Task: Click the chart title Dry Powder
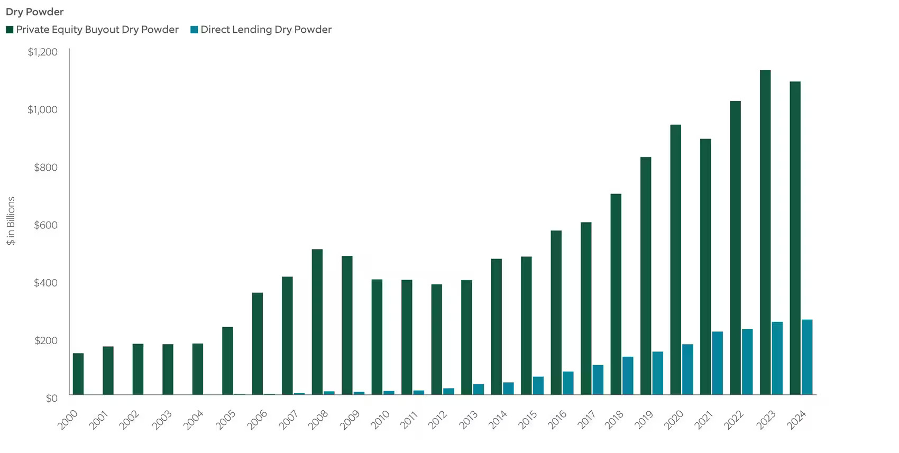[34, 12]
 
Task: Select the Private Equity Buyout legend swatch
[10, 30]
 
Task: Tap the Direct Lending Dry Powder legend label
[265, 30]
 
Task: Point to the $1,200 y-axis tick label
[42, 52]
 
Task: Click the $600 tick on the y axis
[45, 225]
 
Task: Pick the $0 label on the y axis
[51, 398]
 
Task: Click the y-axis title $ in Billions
[11, 221]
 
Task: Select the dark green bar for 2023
[765, 233]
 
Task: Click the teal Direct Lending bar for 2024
[807, 357]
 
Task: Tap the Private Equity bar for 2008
[317, 322]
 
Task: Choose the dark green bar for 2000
[78, 374]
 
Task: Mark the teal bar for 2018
[628, 376]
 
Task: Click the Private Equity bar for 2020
[675, 260]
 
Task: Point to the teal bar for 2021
[717, 363]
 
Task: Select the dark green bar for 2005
[227, 360]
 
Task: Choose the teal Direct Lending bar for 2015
[538, 386]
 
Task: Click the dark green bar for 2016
[556, 312]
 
